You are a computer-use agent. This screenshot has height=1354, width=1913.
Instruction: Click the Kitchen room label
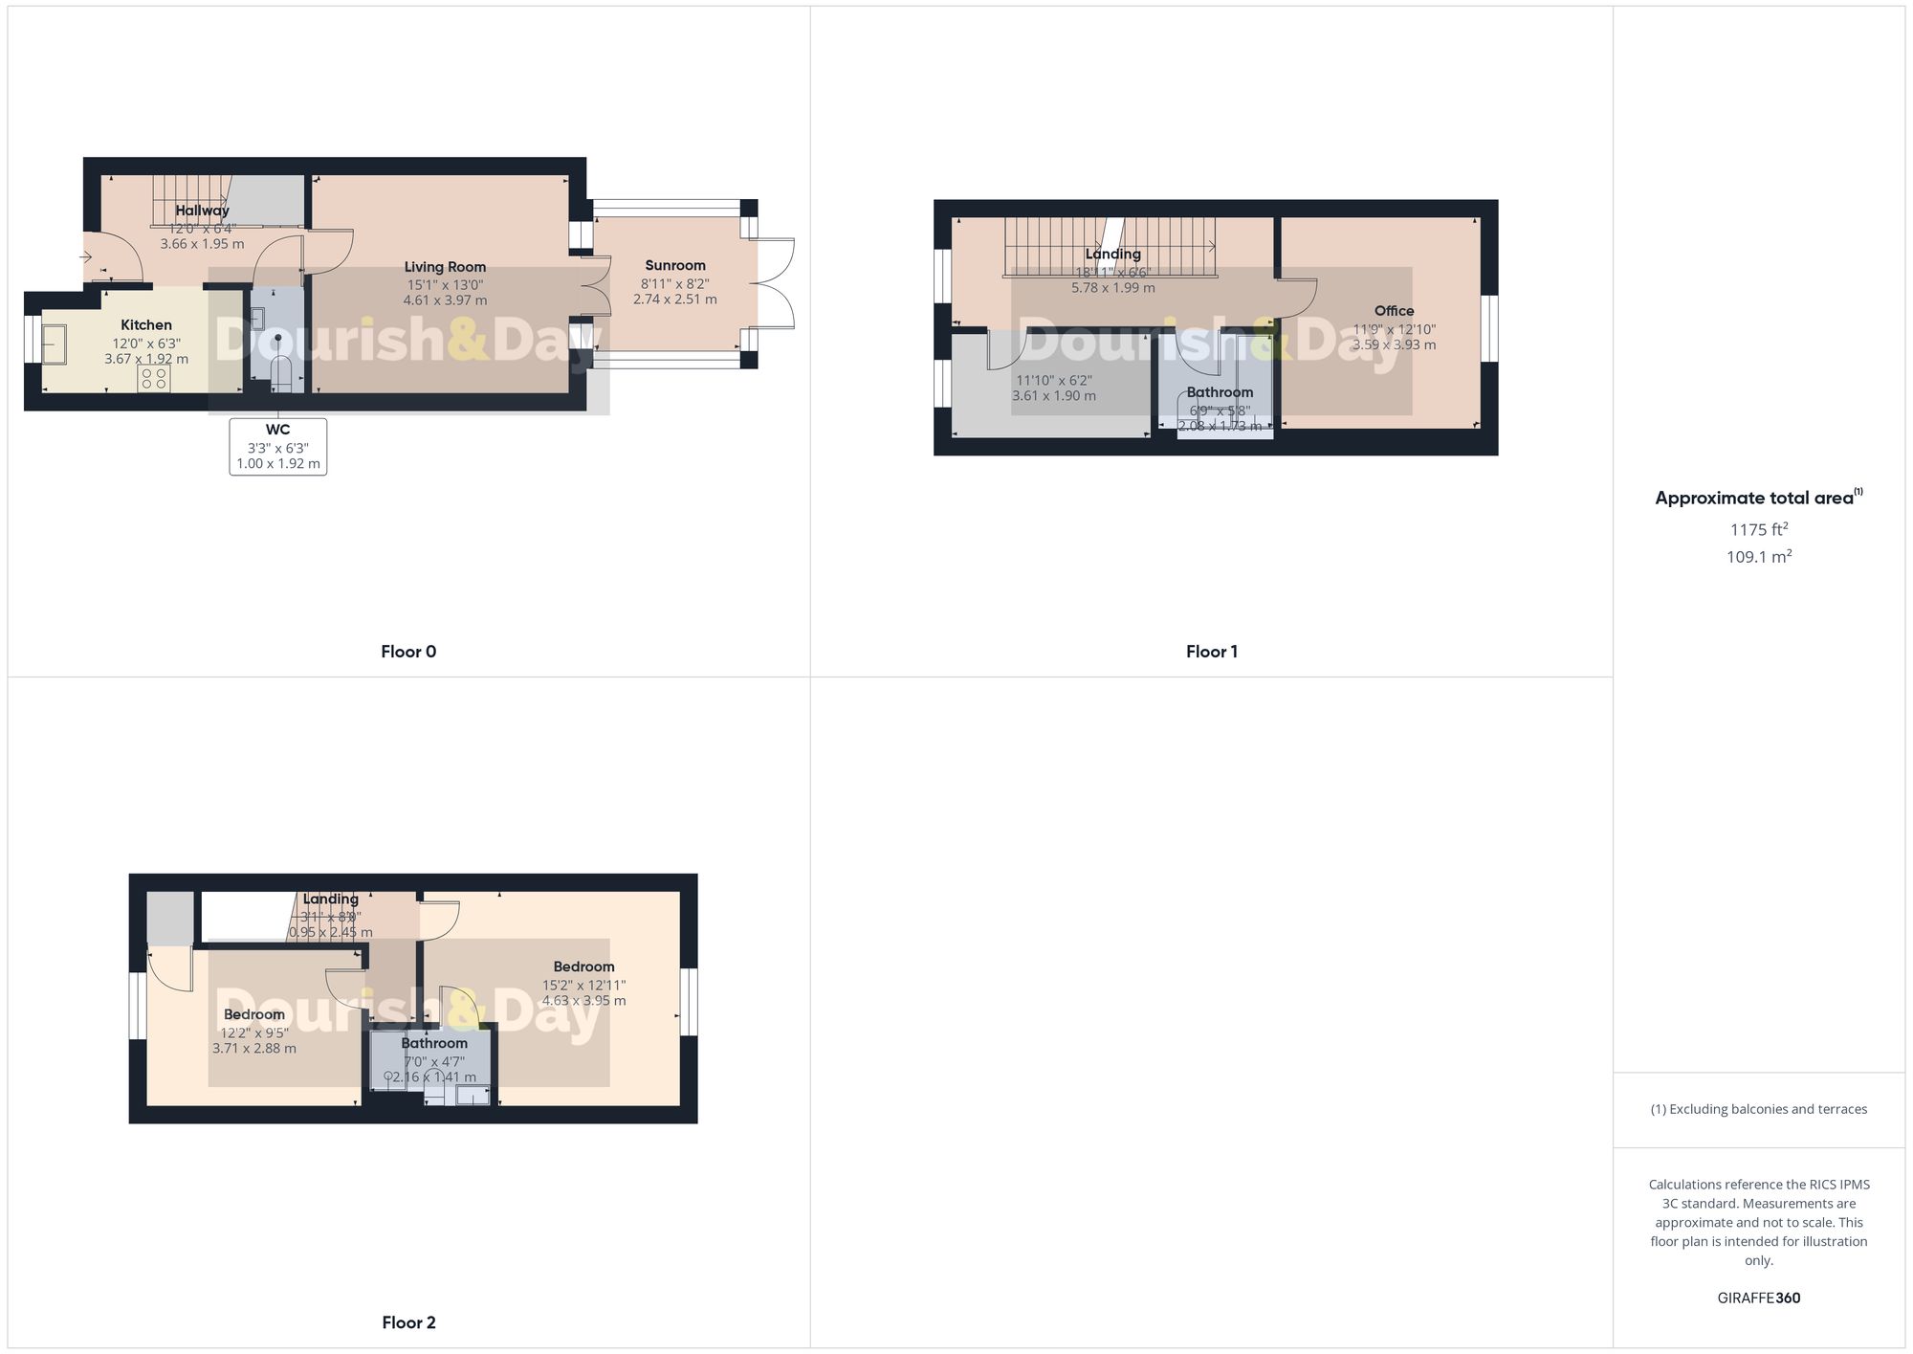[x=146, y=325]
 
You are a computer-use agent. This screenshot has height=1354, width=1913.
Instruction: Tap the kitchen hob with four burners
[x=154, y=377]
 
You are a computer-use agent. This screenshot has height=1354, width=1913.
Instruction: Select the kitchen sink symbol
[x=54, y=344]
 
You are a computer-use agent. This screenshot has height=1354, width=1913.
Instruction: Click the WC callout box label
[x=277, y=430]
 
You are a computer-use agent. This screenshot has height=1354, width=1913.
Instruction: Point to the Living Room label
[x=445, y=267]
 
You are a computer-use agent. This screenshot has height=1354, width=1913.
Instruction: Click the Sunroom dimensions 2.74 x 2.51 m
[x=674, y=300]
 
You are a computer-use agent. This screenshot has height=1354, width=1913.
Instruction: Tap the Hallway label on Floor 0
[x=202, y=211]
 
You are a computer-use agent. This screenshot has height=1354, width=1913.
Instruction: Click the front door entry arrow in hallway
[x=85, y=256]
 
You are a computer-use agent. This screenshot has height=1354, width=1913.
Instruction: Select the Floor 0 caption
[x=408, y=652]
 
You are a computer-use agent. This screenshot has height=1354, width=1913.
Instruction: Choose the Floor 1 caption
[x=1212, y=652]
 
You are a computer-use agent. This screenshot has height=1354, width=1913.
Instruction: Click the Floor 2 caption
[x=408, y=1322]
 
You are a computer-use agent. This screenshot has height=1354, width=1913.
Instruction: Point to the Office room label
[x=1394, y=311]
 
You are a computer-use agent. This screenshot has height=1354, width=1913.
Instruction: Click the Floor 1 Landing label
[x=1112, y=255]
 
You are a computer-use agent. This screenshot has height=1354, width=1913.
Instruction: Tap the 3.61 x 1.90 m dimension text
[x=1054, y=396]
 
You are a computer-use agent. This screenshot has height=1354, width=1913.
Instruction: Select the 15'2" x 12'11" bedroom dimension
[x=583, y=985]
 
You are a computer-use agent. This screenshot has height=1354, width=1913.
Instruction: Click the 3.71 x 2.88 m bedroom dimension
[x=254, y=1048]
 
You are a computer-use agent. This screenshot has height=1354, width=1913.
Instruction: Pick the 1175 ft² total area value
[x=1758, y=529]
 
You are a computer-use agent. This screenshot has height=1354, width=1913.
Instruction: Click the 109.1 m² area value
[x=1758, y=557]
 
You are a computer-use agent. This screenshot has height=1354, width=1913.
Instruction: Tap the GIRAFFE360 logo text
[x=1758, y=1299]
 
